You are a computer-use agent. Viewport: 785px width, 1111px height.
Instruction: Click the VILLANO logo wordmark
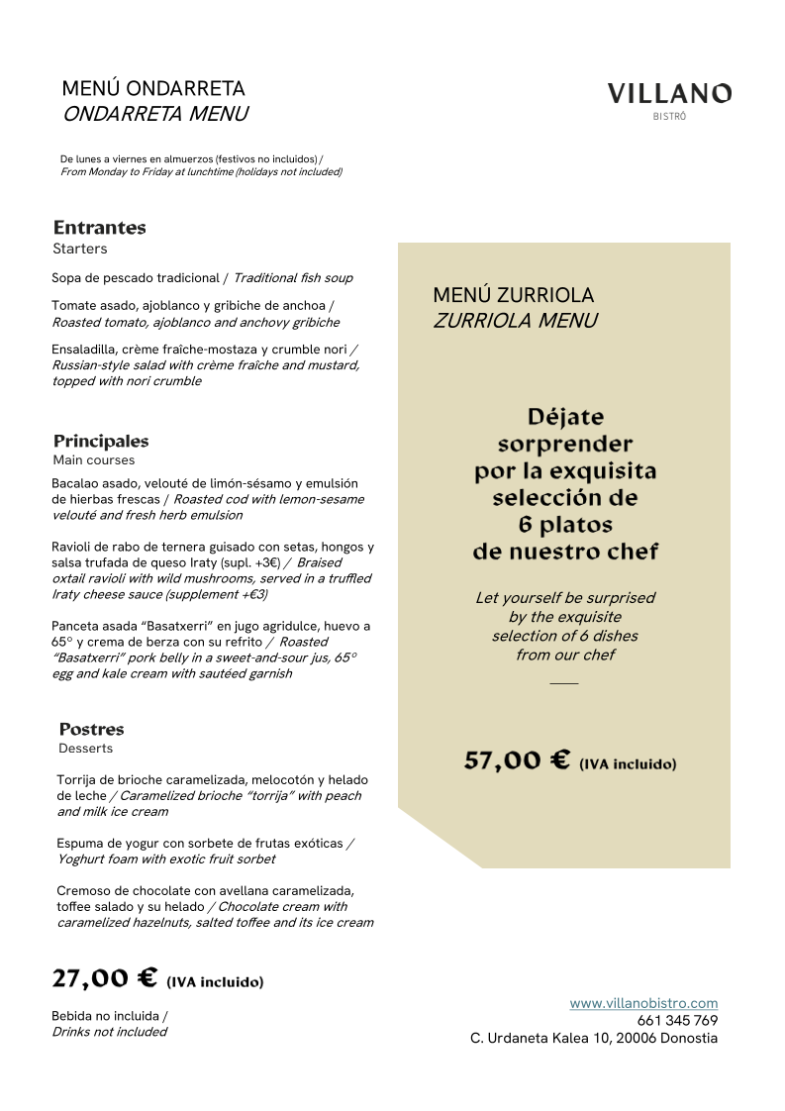pos(669,94)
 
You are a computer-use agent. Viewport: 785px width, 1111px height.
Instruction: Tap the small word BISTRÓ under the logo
pos(669,117)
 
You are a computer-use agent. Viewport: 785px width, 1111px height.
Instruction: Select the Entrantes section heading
pos(99,228)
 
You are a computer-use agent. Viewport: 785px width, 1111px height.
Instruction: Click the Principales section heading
pos(101,442)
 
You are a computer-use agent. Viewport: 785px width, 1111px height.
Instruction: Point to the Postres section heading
pos(91,730)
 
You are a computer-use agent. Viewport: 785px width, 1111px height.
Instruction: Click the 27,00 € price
pos(104,978)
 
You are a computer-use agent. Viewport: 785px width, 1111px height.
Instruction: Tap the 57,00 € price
pos(517,760)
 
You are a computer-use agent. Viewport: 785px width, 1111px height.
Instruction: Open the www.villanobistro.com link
pos(643,1003)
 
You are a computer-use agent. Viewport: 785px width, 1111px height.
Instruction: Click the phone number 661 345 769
pos(677,1021)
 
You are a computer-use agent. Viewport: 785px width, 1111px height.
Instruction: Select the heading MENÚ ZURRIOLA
pos(513,295)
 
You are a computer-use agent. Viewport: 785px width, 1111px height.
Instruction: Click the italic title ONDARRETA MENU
pos(154,114)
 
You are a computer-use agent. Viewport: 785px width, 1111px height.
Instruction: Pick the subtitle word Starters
pos(79,249)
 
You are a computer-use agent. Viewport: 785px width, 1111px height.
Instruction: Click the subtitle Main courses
pos(93,460)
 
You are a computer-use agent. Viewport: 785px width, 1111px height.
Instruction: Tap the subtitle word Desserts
pos(85,749)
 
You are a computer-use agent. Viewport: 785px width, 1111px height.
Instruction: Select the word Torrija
pos(79,780)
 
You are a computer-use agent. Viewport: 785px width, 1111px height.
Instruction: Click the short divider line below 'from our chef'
pos(563,683)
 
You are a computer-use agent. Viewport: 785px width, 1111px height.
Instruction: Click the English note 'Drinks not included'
pos(109,1032)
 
